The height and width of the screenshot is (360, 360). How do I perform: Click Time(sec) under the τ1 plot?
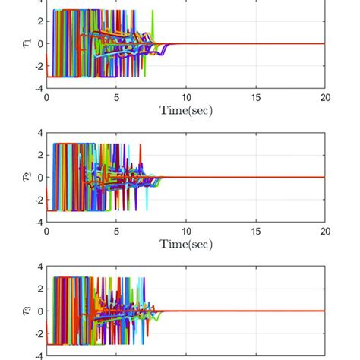pyautogui.click(x=185, y=111)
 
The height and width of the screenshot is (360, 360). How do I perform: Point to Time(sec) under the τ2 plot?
pyautogui.click(x=185, y=244)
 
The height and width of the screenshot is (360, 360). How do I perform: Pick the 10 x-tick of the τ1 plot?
pyautogui.click(x=185, y=97)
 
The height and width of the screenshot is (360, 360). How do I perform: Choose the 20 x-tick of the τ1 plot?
pyautogui.click(x=324, y=97)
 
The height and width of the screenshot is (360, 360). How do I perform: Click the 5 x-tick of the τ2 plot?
pyautogui.click(x=116, y=231)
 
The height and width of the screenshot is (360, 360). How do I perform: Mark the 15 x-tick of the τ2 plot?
pyautogui.click(x=255, y=231)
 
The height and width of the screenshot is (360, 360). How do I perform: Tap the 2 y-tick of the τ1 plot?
pyautogui.click(x=38, y=21)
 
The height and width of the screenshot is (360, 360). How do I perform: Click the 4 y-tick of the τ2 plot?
pyautogui.click(x=38, y=133)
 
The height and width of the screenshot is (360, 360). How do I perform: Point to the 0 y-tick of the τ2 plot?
pyautogui.click(x=38, y=178)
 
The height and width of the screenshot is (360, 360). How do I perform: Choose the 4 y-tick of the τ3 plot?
pyautogui.click(x=38, y=267)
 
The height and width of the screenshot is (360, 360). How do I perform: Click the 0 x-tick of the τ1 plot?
pyautogui.click(x=46, y=97)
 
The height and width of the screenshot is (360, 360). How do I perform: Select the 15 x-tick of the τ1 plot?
pyautogui.click(x=255, y=97)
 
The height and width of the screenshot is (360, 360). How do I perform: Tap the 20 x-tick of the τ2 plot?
pyautogui.click(x=324, y=231)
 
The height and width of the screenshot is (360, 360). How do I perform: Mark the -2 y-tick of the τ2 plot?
pyautogui.click(x=36, y=200)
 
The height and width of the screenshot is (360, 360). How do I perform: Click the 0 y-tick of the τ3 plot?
pyautogui.click(x=38, y=311)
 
